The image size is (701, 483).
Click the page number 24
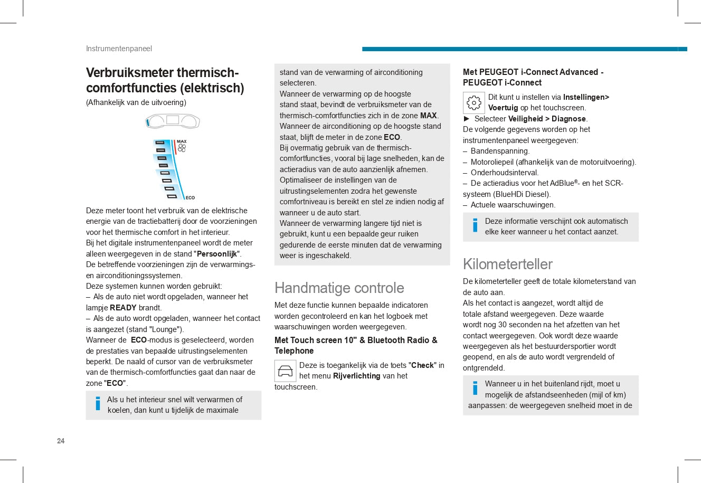[61, 441]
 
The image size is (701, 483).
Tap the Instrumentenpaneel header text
[119, 49]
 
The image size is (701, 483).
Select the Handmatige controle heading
[339, 288]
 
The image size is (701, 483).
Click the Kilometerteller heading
[507, 264]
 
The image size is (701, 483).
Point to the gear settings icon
[473, 103]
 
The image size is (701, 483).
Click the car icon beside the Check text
[285, 371]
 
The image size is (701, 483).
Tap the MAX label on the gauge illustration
[182, 141]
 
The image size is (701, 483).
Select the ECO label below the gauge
[190, 198]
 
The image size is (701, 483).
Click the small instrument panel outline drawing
[173, 121]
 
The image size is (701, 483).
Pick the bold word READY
[123, 308]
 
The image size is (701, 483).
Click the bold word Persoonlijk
[216, 254]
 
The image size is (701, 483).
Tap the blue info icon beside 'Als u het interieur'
[98, 404]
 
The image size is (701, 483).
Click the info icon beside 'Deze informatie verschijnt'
[475, 225]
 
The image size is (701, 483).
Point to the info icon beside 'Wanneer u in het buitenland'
[475, 388]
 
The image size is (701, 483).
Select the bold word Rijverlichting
[357, 376]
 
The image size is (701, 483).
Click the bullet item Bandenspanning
[500, 151]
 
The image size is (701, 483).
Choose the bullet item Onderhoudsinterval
[504, 173]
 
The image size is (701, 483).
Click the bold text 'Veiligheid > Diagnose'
[547, 119]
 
